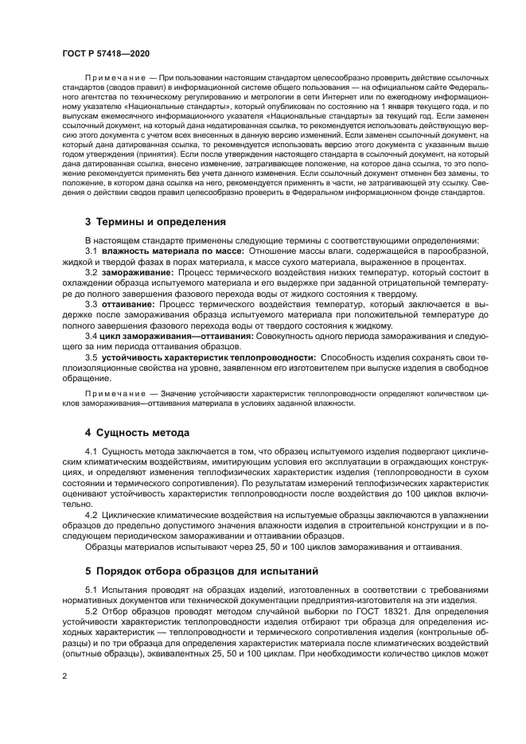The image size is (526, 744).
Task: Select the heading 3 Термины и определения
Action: [155, 221]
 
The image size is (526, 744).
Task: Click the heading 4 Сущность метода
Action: [137, 433]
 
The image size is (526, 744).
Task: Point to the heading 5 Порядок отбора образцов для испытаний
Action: [201, 571]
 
